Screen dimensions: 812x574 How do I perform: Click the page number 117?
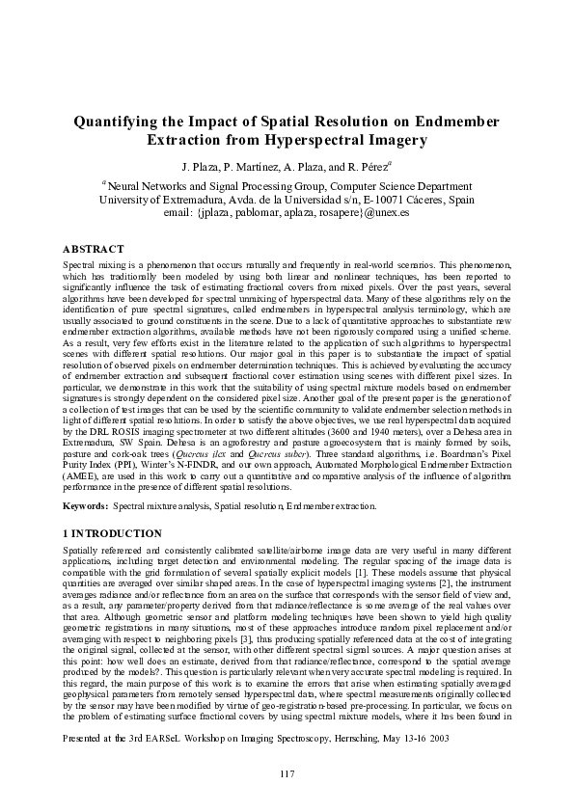[287, 774]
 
